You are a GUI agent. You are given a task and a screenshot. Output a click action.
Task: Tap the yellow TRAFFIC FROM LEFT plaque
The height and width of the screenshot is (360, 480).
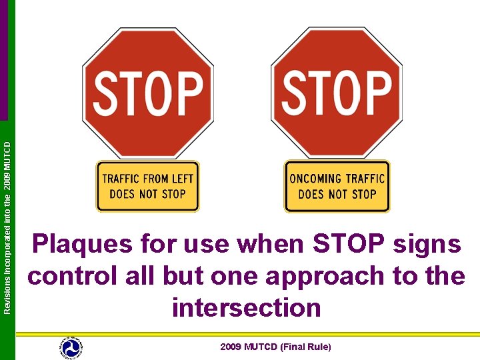click(148, 187)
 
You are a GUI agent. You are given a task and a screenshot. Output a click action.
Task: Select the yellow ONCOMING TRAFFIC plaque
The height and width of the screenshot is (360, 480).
click(337, 187)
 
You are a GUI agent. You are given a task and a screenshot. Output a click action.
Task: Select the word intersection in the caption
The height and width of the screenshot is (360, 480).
click(247, 307)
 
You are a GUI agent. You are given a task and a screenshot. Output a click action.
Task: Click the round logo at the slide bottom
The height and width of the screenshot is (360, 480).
click(71, 347)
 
